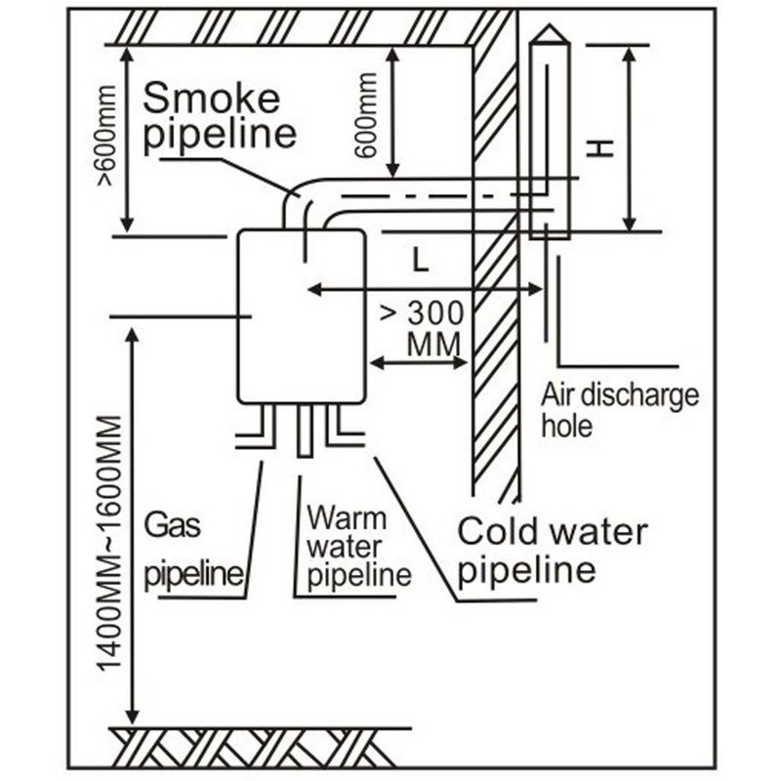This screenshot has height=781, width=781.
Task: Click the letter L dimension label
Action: [x=419, y=260]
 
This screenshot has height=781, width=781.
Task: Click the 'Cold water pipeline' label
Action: [x=552, y=551]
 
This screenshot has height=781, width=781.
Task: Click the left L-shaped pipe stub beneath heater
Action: [x=259, y=430]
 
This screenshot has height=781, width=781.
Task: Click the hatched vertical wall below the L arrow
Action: [x=494, y=410]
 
